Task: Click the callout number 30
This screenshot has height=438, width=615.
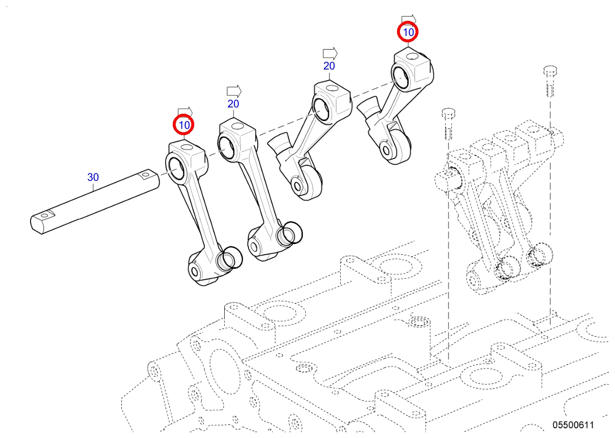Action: [x=93, y=177]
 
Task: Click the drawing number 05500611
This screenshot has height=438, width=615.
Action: [x=573, y=425]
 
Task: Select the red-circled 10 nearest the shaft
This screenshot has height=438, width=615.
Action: [x=184, y=125]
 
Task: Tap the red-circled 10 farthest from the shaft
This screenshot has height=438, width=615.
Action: [x=407, y=33]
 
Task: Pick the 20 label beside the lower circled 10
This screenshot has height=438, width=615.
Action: [x=233, y=104]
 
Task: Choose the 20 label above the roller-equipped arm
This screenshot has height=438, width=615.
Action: [x=329, y=66]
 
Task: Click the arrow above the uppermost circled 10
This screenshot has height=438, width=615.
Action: [x=408, y=18]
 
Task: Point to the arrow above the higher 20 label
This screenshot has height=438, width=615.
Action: [x=330, y=53]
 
